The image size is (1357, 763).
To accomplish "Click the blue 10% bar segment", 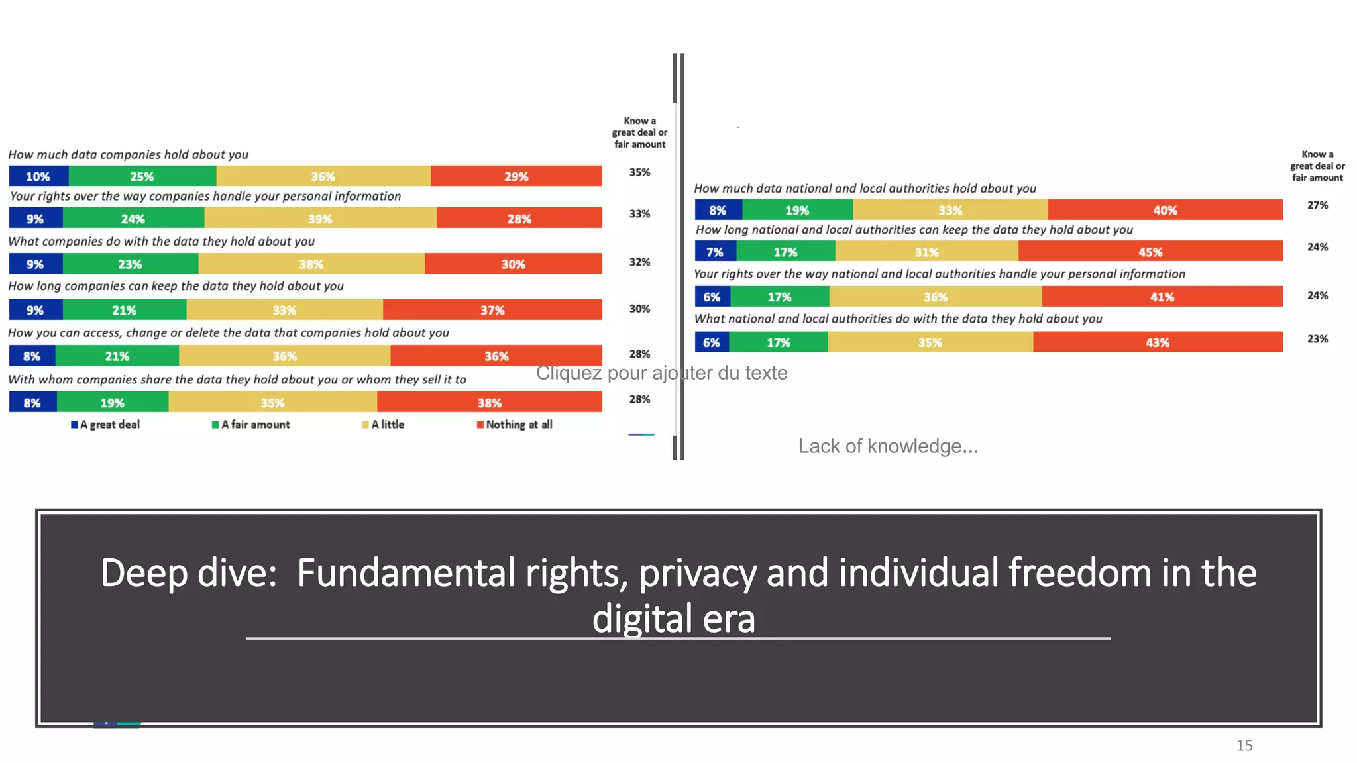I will pos(38,176).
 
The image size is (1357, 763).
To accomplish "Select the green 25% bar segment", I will pos(142,176).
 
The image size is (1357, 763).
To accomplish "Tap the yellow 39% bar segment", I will pos(320,219).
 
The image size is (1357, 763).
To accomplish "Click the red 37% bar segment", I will pos(492,310).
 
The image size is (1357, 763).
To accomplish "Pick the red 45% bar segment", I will pos(1150,252).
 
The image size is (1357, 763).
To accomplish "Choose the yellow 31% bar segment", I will pos(926,252).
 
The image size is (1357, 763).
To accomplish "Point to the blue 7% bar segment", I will pos(715,252).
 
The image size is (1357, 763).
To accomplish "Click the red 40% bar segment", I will pos(1165,210).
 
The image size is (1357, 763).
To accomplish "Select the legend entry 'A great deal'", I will pos(106,425).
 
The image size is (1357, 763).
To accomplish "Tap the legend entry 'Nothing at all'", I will pos(515,425).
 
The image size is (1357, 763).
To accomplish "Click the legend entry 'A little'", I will pos(384,425).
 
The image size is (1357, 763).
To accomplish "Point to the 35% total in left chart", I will pos(639,172).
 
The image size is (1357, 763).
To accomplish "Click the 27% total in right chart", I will pos(1317,205).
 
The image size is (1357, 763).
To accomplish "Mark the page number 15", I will pos(1244,746).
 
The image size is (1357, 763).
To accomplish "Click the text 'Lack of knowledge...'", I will pos(888,446).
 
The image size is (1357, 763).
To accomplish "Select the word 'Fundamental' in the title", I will pos(406,573).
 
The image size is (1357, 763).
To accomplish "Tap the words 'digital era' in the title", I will pos(673,619).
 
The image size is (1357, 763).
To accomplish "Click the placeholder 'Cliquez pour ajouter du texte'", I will pos(661,373).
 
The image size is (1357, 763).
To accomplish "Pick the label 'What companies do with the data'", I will pos(161,242).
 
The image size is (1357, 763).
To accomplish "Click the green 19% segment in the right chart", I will pos(797,210).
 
